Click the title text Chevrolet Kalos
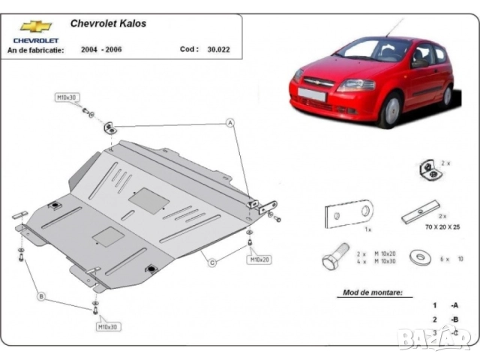pos(108,23)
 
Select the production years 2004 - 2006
pos(104,49)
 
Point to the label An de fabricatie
pos(35,49)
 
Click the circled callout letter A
pos(230,122)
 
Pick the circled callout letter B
pos(41,297)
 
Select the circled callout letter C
pos(212,262)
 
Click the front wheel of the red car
pos(390,111)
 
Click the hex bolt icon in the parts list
pos(334,257)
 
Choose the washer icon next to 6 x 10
pos(418,257)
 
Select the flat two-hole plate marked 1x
pos(349,214)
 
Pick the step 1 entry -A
pos(454,305)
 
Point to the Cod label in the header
pos(189,49)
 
